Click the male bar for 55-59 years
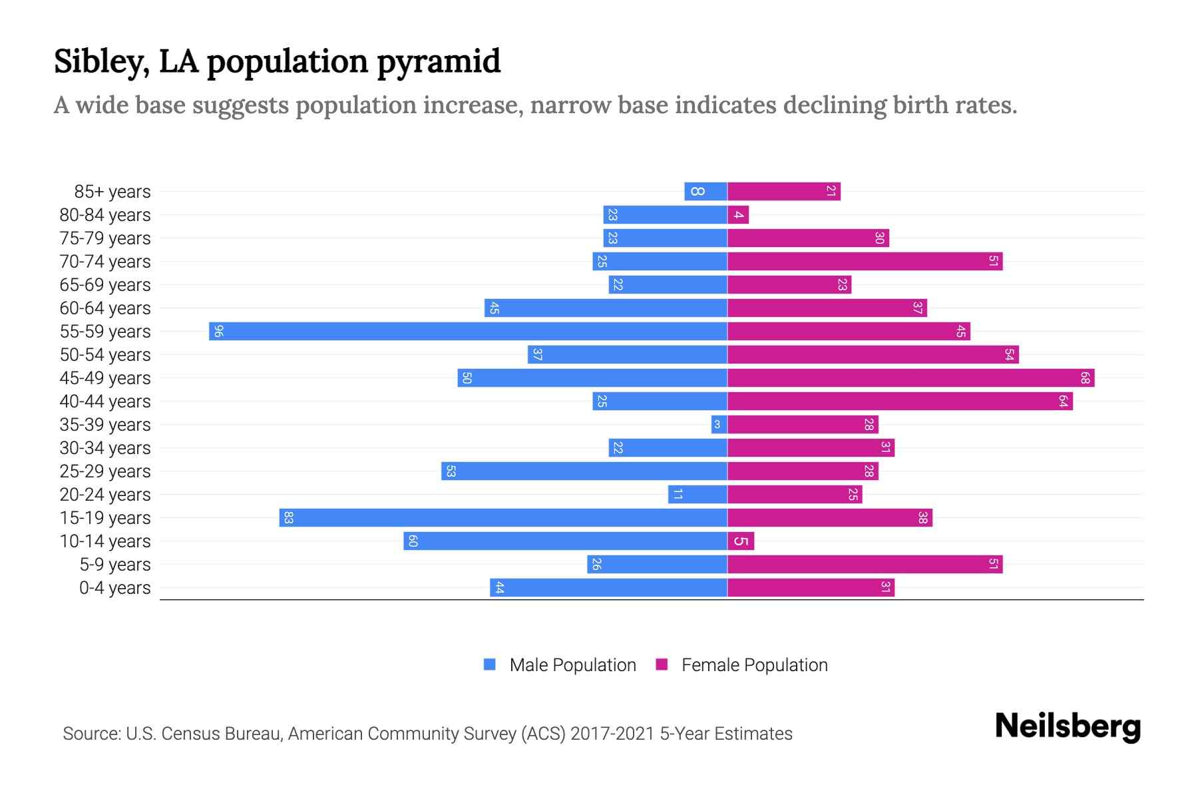[468, 331]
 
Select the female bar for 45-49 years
[910, 378]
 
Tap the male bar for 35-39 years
[719, 424]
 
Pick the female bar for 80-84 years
[738, 214]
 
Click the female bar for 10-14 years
[741, 541]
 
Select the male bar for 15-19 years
[503, 517]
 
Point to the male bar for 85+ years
[705, 191]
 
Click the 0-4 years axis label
[114, 588]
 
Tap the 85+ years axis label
[112, 192]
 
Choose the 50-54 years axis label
[105, 355]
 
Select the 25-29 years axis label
[105, 471]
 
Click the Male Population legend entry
[572, 665]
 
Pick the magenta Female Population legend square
[662, 665]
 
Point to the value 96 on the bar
[218, 331]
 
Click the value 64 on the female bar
[1063, 401]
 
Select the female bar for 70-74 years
[865, 261]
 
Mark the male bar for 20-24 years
[698, 494]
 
